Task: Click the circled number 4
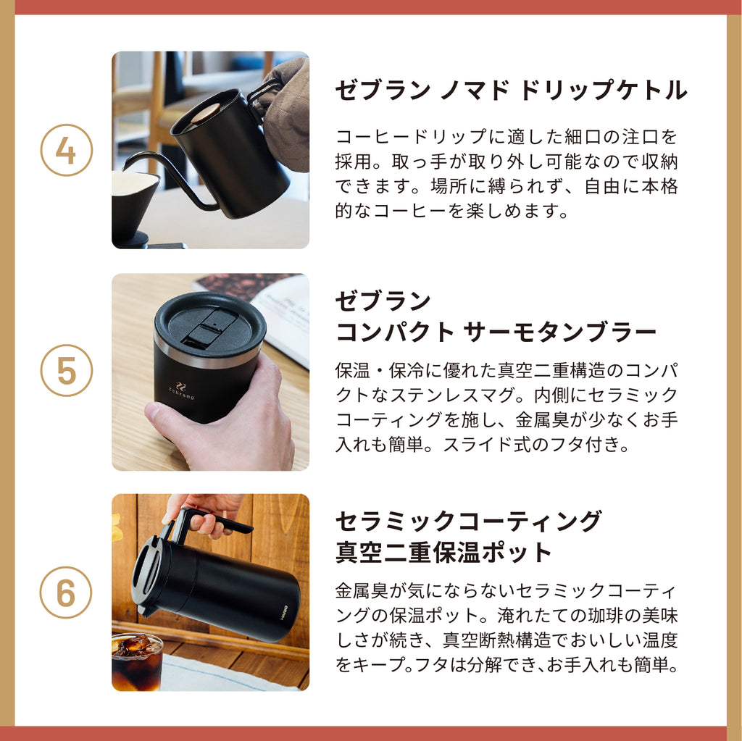coord(66,151)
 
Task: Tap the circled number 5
coord(66,371)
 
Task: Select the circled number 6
coord(66,592)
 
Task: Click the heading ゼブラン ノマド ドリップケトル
coord(511,90)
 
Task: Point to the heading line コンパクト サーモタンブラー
coord(496,332)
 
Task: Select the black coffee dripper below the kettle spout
coord(136,208)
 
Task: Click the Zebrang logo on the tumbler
coord(180,391)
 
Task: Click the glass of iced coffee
coord(137,661)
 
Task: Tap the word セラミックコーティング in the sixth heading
coord(469,521)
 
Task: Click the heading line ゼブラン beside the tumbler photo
coord(383,301)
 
